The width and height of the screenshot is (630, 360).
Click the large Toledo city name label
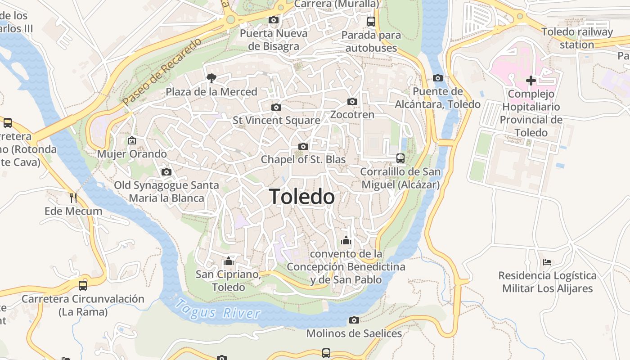point(302,197)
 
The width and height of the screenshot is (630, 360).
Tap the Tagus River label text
point(218,310)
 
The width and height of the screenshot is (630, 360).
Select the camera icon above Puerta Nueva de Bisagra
point(273,20)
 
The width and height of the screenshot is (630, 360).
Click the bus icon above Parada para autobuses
point(371,21)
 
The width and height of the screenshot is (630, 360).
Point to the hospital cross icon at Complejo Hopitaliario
point(531,81)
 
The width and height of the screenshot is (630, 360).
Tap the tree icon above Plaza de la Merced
point(211,78)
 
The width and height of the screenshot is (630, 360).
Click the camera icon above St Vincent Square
point(276,107)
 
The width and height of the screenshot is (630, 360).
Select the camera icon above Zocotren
point(352,101)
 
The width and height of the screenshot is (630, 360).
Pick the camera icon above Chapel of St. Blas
point(303,146)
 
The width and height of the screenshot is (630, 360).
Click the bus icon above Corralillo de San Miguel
point(400,158)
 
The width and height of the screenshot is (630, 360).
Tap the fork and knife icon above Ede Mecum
point(73,198)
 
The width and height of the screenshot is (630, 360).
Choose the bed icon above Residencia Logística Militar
point(547,262)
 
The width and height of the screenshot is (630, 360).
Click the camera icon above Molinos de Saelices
point(354,320)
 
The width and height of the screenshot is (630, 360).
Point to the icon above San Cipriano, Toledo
point(229,261)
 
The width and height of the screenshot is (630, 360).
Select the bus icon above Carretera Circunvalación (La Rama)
point(83,285)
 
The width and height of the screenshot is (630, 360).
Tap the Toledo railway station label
point(577,38)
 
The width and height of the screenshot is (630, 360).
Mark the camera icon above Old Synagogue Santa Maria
point(166,172)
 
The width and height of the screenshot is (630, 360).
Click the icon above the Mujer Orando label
point(132,140)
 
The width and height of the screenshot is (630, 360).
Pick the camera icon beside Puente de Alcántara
point(438,78)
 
